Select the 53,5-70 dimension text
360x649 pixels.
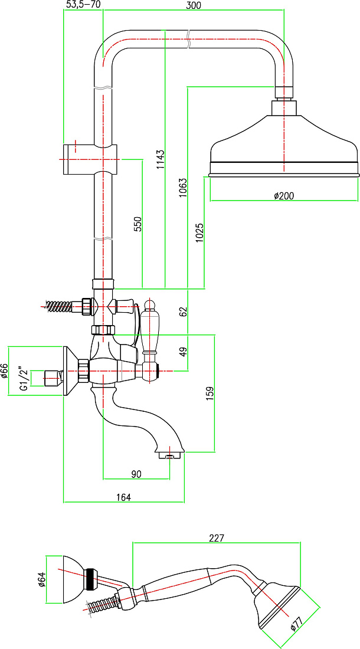pos(83,5)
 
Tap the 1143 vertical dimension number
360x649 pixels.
pos(161,159)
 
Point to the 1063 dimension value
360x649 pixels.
pos(184,187)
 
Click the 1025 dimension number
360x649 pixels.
pos(200,232)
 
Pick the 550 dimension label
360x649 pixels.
pos(138,224)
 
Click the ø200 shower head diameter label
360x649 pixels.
pos(284,196)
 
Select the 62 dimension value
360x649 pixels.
pos(184,311)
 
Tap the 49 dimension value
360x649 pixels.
pos(184,352)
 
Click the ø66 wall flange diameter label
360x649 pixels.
pos(5,371)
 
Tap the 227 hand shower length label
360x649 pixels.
pos(216,539)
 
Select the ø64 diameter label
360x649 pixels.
pos(41,579)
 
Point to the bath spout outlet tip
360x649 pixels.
pos(169,456)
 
